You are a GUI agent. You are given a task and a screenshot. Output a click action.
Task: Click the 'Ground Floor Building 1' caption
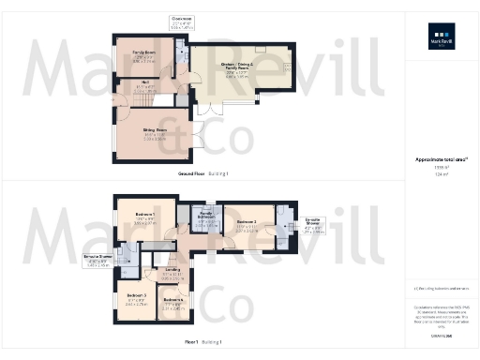click(x=203, y=174)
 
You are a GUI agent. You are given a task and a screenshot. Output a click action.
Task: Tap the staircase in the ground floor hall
click(x=163, y=99)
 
